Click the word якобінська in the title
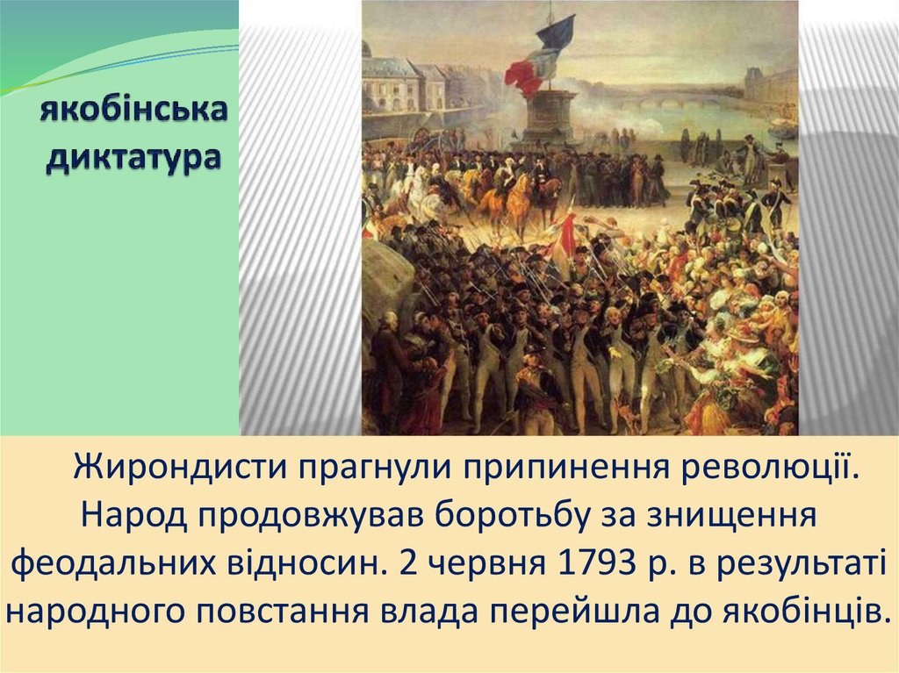pyautogui.click(x=133, y=109)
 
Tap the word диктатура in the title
pyautogui.click(x=133, y=158)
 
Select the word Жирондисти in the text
pyautogui.click(x=179, y=467)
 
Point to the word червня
pyautogui.click(x=486, y=565)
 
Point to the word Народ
pyautogui.click(x=133, y=516)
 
